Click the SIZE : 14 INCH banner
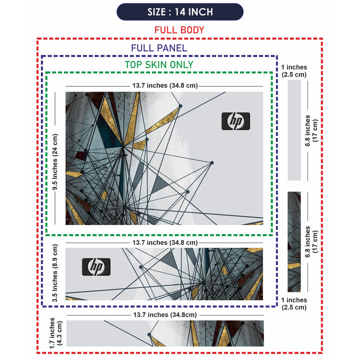pyautogui.click(x=180, y=11)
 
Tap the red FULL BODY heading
pyautogui.click(x=179, y=30)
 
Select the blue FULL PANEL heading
pyautogui.click(x=159, y=48)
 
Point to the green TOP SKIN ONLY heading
pyautogui.click(x=159, y=64)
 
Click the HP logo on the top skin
pyautogui.click(x=236, y=121)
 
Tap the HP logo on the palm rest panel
pyautogui.click(x=96, y=266)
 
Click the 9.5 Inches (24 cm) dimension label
pyautogui.click(x=55, y=162)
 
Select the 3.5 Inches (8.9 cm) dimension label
pyautogui.click(x=55, y=273)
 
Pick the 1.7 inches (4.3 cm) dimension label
pyautogui.click(x=55, y=333)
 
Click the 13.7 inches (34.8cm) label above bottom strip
pyautogui.click(x=165, y=315)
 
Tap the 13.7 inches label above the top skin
pyautogui.click(x=165, y=85)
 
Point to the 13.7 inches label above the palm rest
pyautogui.click(x=165, y=242)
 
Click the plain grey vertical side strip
pyautogui.click(x=294, y=130)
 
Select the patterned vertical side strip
pyautogui.click(x=294, y=242)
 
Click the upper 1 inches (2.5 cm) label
pyautogui.click(x=294, y=71)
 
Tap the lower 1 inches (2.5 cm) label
pyautogui.click(x=294, y=304)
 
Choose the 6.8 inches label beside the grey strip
pyautogui.click(x=311, y=130)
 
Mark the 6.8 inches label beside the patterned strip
pyautogui.click(x=311, y=242)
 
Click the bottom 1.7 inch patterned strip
pyautogui.click(x=165, y=333)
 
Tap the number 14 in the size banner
pyautogui.click(x=180, y=12)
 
